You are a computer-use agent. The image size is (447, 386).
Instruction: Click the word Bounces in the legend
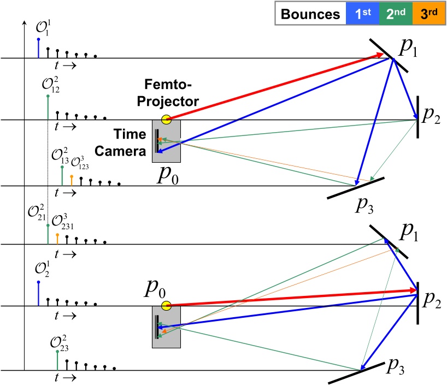coord(310,15)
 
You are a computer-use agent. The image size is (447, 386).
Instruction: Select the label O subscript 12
coord(51,86)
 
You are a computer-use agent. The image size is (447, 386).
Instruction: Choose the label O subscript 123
coord(78,161)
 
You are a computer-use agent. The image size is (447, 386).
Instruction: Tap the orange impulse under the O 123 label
coord(72,180)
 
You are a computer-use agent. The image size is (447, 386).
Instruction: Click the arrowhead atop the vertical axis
coord(24,24)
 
